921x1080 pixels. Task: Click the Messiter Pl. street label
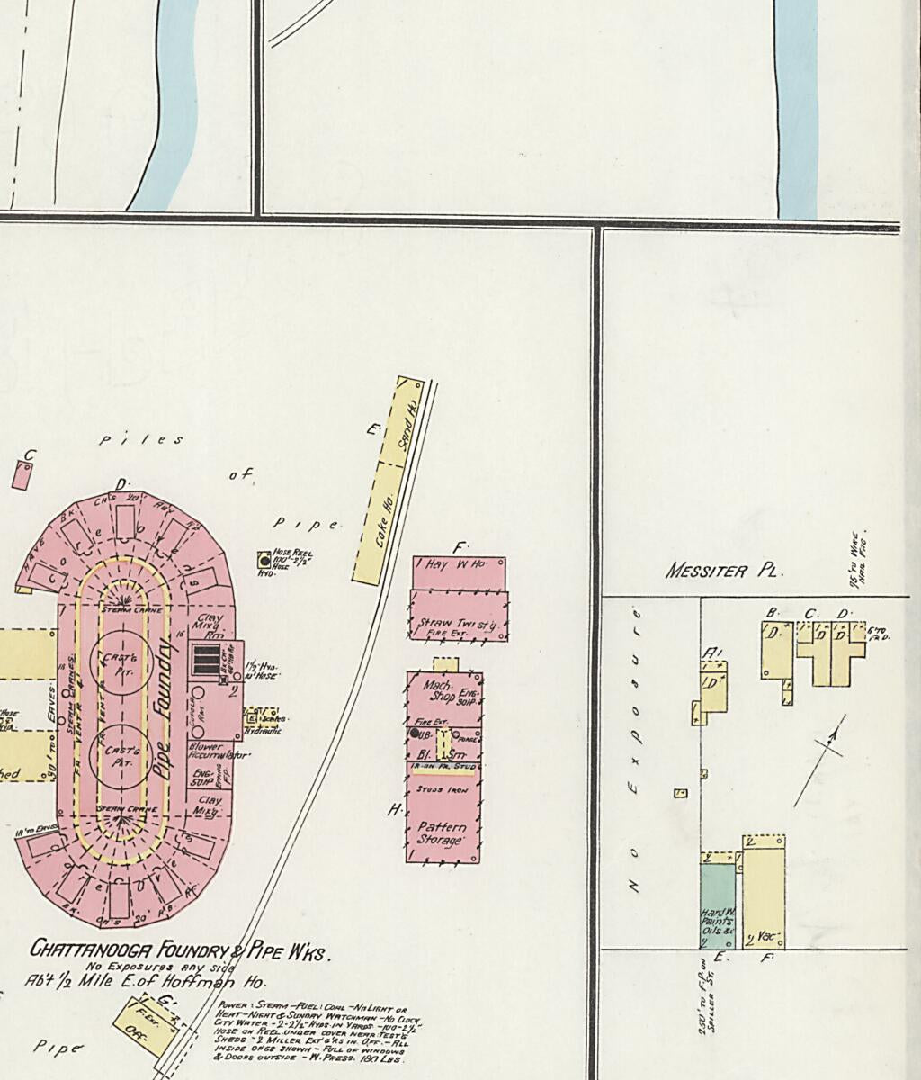[724, 571]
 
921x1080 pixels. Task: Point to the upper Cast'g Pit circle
[120, 661]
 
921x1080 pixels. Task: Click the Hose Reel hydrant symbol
[264, 559]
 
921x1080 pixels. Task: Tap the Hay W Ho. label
[455, 565]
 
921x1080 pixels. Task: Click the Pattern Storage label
[442, 833]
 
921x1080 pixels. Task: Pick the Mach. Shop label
[438, 690]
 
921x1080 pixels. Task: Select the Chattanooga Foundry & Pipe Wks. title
[180, 949]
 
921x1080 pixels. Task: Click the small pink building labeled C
[21, 474]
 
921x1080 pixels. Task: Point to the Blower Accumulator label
[216, 751]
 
